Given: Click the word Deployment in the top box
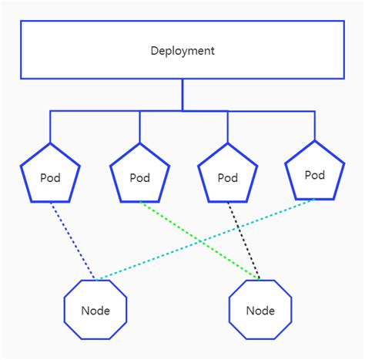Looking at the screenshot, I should [x=182, y=51].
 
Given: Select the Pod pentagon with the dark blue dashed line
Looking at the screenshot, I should [x=50, y=175].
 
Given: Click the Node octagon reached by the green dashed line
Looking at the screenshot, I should [x=260, y=311].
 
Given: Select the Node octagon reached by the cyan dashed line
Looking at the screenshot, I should [x=95, y=311].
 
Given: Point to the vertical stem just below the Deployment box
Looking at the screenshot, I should [x=182, y=95].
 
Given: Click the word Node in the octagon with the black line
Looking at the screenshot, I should [x=260, y=311].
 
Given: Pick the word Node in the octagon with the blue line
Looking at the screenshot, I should [x=95, y=311].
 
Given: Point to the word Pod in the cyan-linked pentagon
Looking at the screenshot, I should [x=315, y=175].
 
